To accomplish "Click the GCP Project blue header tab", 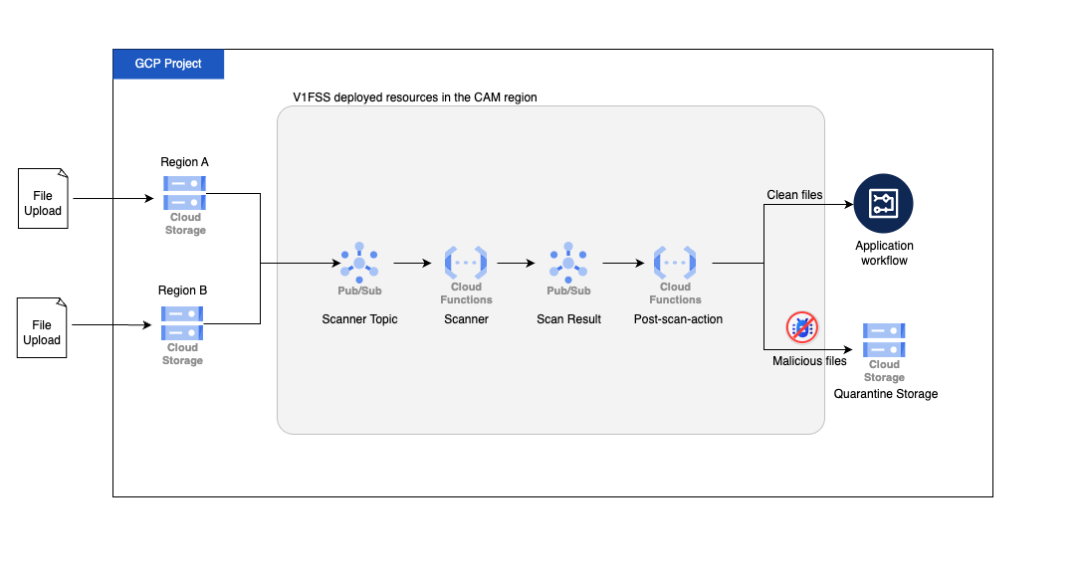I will point(167,64).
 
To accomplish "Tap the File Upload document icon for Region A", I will point(43,198).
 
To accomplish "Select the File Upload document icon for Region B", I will point(43,327).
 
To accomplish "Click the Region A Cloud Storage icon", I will point(184,193).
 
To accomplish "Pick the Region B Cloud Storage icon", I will point(182,323).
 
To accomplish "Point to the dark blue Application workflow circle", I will point(883,204).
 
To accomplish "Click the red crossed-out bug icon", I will point(801,328).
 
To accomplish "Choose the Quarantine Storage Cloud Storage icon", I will point(883,341).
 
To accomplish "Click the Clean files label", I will point(794,195).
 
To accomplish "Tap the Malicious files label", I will point(809,361).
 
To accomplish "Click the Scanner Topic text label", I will point(359,319).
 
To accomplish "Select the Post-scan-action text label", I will point(678,319).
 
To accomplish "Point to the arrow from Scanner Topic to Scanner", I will point(410,264).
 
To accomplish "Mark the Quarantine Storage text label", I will point(885,394).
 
